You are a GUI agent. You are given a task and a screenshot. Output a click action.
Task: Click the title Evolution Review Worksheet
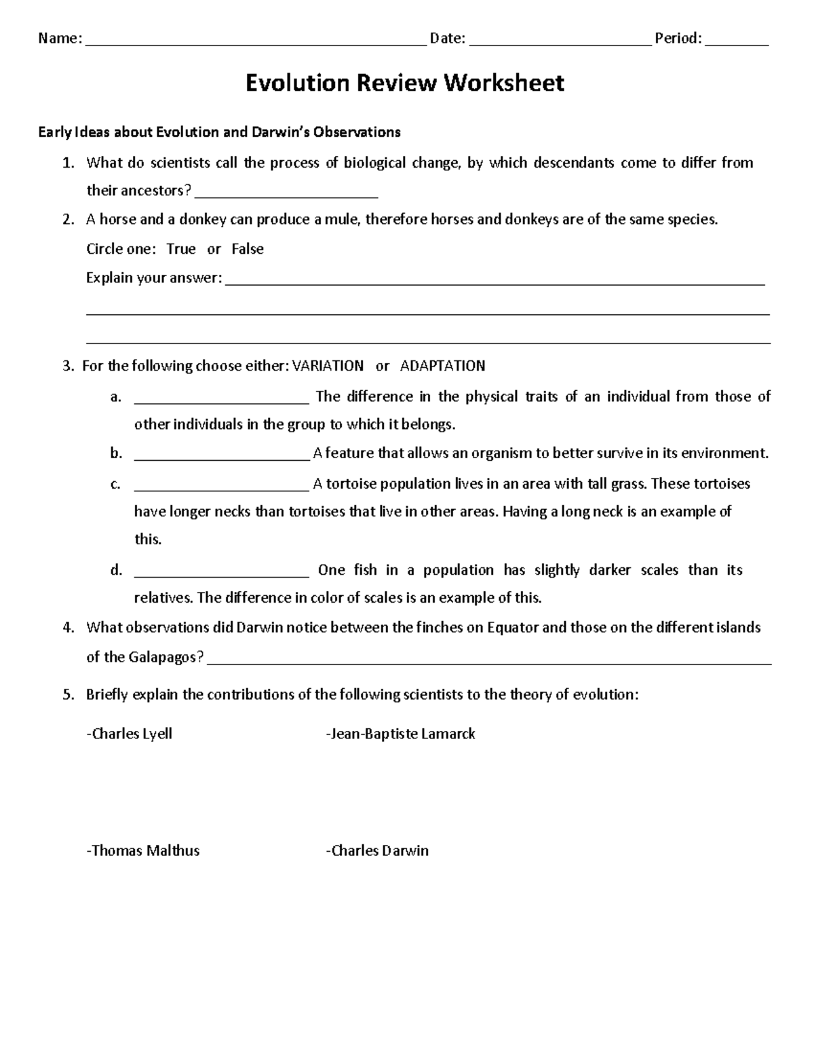[404, 83]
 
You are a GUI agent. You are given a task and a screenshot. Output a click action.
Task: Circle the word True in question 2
[181, 249]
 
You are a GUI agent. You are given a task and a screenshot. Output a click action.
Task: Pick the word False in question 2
[247, 249]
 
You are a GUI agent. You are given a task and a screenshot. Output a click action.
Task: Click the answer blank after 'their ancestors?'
[286, 194]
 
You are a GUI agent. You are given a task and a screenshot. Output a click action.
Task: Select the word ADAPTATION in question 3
[442, 366]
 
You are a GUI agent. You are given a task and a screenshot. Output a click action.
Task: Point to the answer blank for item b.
[221, 457]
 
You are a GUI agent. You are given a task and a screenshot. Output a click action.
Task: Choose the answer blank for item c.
[221, 487]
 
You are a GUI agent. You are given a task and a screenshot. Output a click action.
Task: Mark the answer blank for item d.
[221, 573]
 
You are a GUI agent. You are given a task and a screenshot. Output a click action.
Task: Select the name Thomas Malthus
[144, 850]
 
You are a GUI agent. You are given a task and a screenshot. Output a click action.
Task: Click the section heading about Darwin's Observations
[219, 132]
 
